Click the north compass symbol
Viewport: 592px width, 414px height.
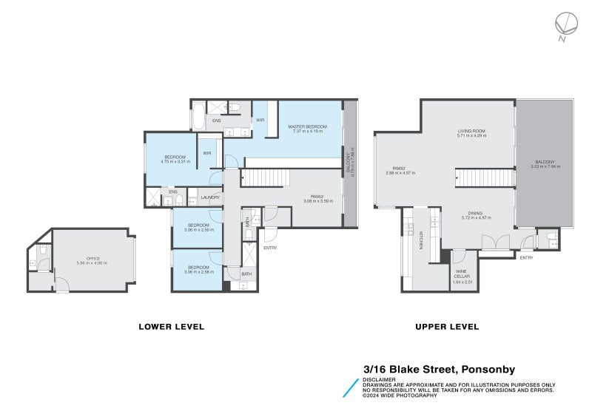coord(563,25)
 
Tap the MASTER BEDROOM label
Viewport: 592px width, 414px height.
coord(307,127)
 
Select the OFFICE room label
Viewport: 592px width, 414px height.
coord(93,258)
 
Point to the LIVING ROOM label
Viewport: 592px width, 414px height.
coord(471,131)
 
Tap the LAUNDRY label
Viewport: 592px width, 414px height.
coord(210,197)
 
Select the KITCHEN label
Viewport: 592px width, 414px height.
coord(421,240)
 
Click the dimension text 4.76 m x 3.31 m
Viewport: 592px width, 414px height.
coord(177,161)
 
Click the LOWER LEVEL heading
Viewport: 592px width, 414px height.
coord(172,326)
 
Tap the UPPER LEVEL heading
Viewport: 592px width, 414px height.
coord(447,326)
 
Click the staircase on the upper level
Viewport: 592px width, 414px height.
coord(484,178)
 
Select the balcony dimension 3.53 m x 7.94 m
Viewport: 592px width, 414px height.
coord(545,167)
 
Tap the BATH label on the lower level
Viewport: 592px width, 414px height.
coord(246,274)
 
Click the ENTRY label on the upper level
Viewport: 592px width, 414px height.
coord(526,258)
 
